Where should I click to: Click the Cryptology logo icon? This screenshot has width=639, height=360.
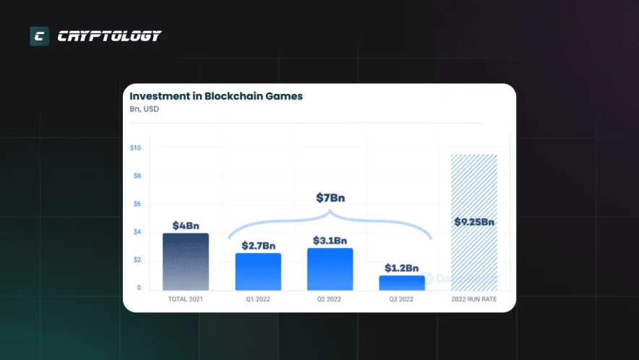tap(39, 36)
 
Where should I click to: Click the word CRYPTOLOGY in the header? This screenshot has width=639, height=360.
tap(109, 36)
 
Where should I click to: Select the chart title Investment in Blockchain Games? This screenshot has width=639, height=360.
tap(216, 95)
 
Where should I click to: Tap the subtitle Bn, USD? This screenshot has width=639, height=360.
tap(144, 110)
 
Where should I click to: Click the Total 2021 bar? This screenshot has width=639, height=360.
tap(186, 262)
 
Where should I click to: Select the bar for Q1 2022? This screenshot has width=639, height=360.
tap(258, 272)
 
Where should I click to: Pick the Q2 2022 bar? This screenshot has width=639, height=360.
tap(330, 270)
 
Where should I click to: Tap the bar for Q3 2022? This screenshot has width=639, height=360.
tap(402, 283)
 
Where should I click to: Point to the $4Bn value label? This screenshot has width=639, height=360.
tap(186, 226)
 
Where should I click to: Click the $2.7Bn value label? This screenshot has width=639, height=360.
tap(258, 245)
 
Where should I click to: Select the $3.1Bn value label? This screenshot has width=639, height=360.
tap(330, 240)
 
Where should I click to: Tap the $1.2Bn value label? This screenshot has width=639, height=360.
tap(402, 267)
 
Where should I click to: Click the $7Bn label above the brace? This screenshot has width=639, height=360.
tap(330, 198)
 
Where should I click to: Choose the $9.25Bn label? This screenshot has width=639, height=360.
tap(474, 222)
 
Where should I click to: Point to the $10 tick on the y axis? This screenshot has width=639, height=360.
tap(135, 148)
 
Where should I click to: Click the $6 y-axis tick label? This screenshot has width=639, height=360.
tap(135, 204)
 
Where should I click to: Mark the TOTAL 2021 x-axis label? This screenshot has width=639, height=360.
tap(186, 299)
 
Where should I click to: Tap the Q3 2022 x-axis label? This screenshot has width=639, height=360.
tap(402, 299)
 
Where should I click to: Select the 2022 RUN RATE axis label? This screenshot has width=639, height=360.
tap(474, 299)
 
